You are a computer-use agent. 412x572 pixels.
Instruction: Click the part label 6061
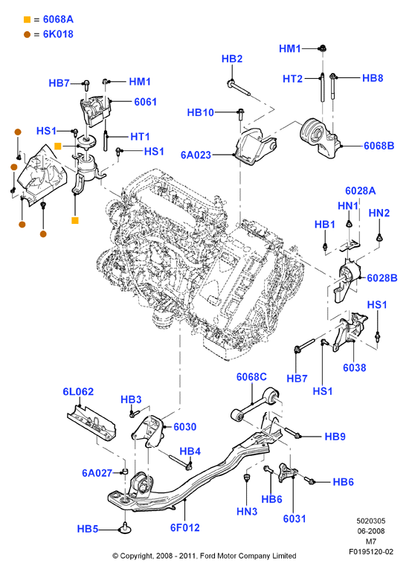point(145,101)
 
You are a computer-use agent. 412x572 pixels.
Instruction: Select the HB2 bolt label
point(232,59)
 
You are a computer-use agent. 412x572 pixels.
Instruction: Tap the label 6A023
point(196,155)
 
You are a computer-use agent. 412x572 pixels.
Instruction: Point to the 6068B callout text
point(379,146)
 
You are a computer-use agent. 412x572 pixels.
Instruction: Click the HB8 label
point(373,78)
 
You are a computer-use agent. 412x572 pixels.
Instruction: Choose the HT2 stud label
point(292,79)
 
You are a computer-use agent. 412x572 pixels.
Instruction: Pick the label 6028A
point(360,190)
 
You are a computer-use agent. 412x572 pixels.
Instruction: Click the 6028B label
point(382,278)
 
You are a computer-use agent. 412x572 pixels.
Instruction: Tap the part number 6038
point(355,367)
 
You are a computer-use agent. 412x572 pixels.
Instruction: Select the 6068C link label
point(251,377)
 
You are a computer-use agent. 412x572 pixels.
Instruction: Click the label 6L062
point(78,391)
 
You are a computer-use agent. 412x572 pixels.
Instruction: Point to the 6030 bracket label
point(185,426)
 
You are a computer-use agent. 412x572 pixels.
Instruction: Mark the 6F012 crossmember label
point(185,527)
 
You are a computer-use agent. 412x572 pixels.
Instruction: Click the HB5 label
point(88,529)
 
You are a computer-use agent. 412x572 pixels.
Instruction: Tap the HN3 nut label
point(247,512)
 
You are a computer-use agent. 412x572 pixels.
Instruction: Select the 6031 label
point(294,518)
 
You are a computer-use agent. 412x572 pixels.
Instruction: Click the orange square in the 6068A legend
point(27,19)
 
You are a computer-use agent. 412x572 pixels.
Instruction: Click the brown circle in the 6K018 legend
point(27,35)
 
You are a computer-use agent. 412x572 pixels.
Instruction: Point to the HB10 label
point(200,112)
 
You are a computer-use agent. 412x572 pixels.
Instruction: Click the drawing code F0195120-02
point(371,552)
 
